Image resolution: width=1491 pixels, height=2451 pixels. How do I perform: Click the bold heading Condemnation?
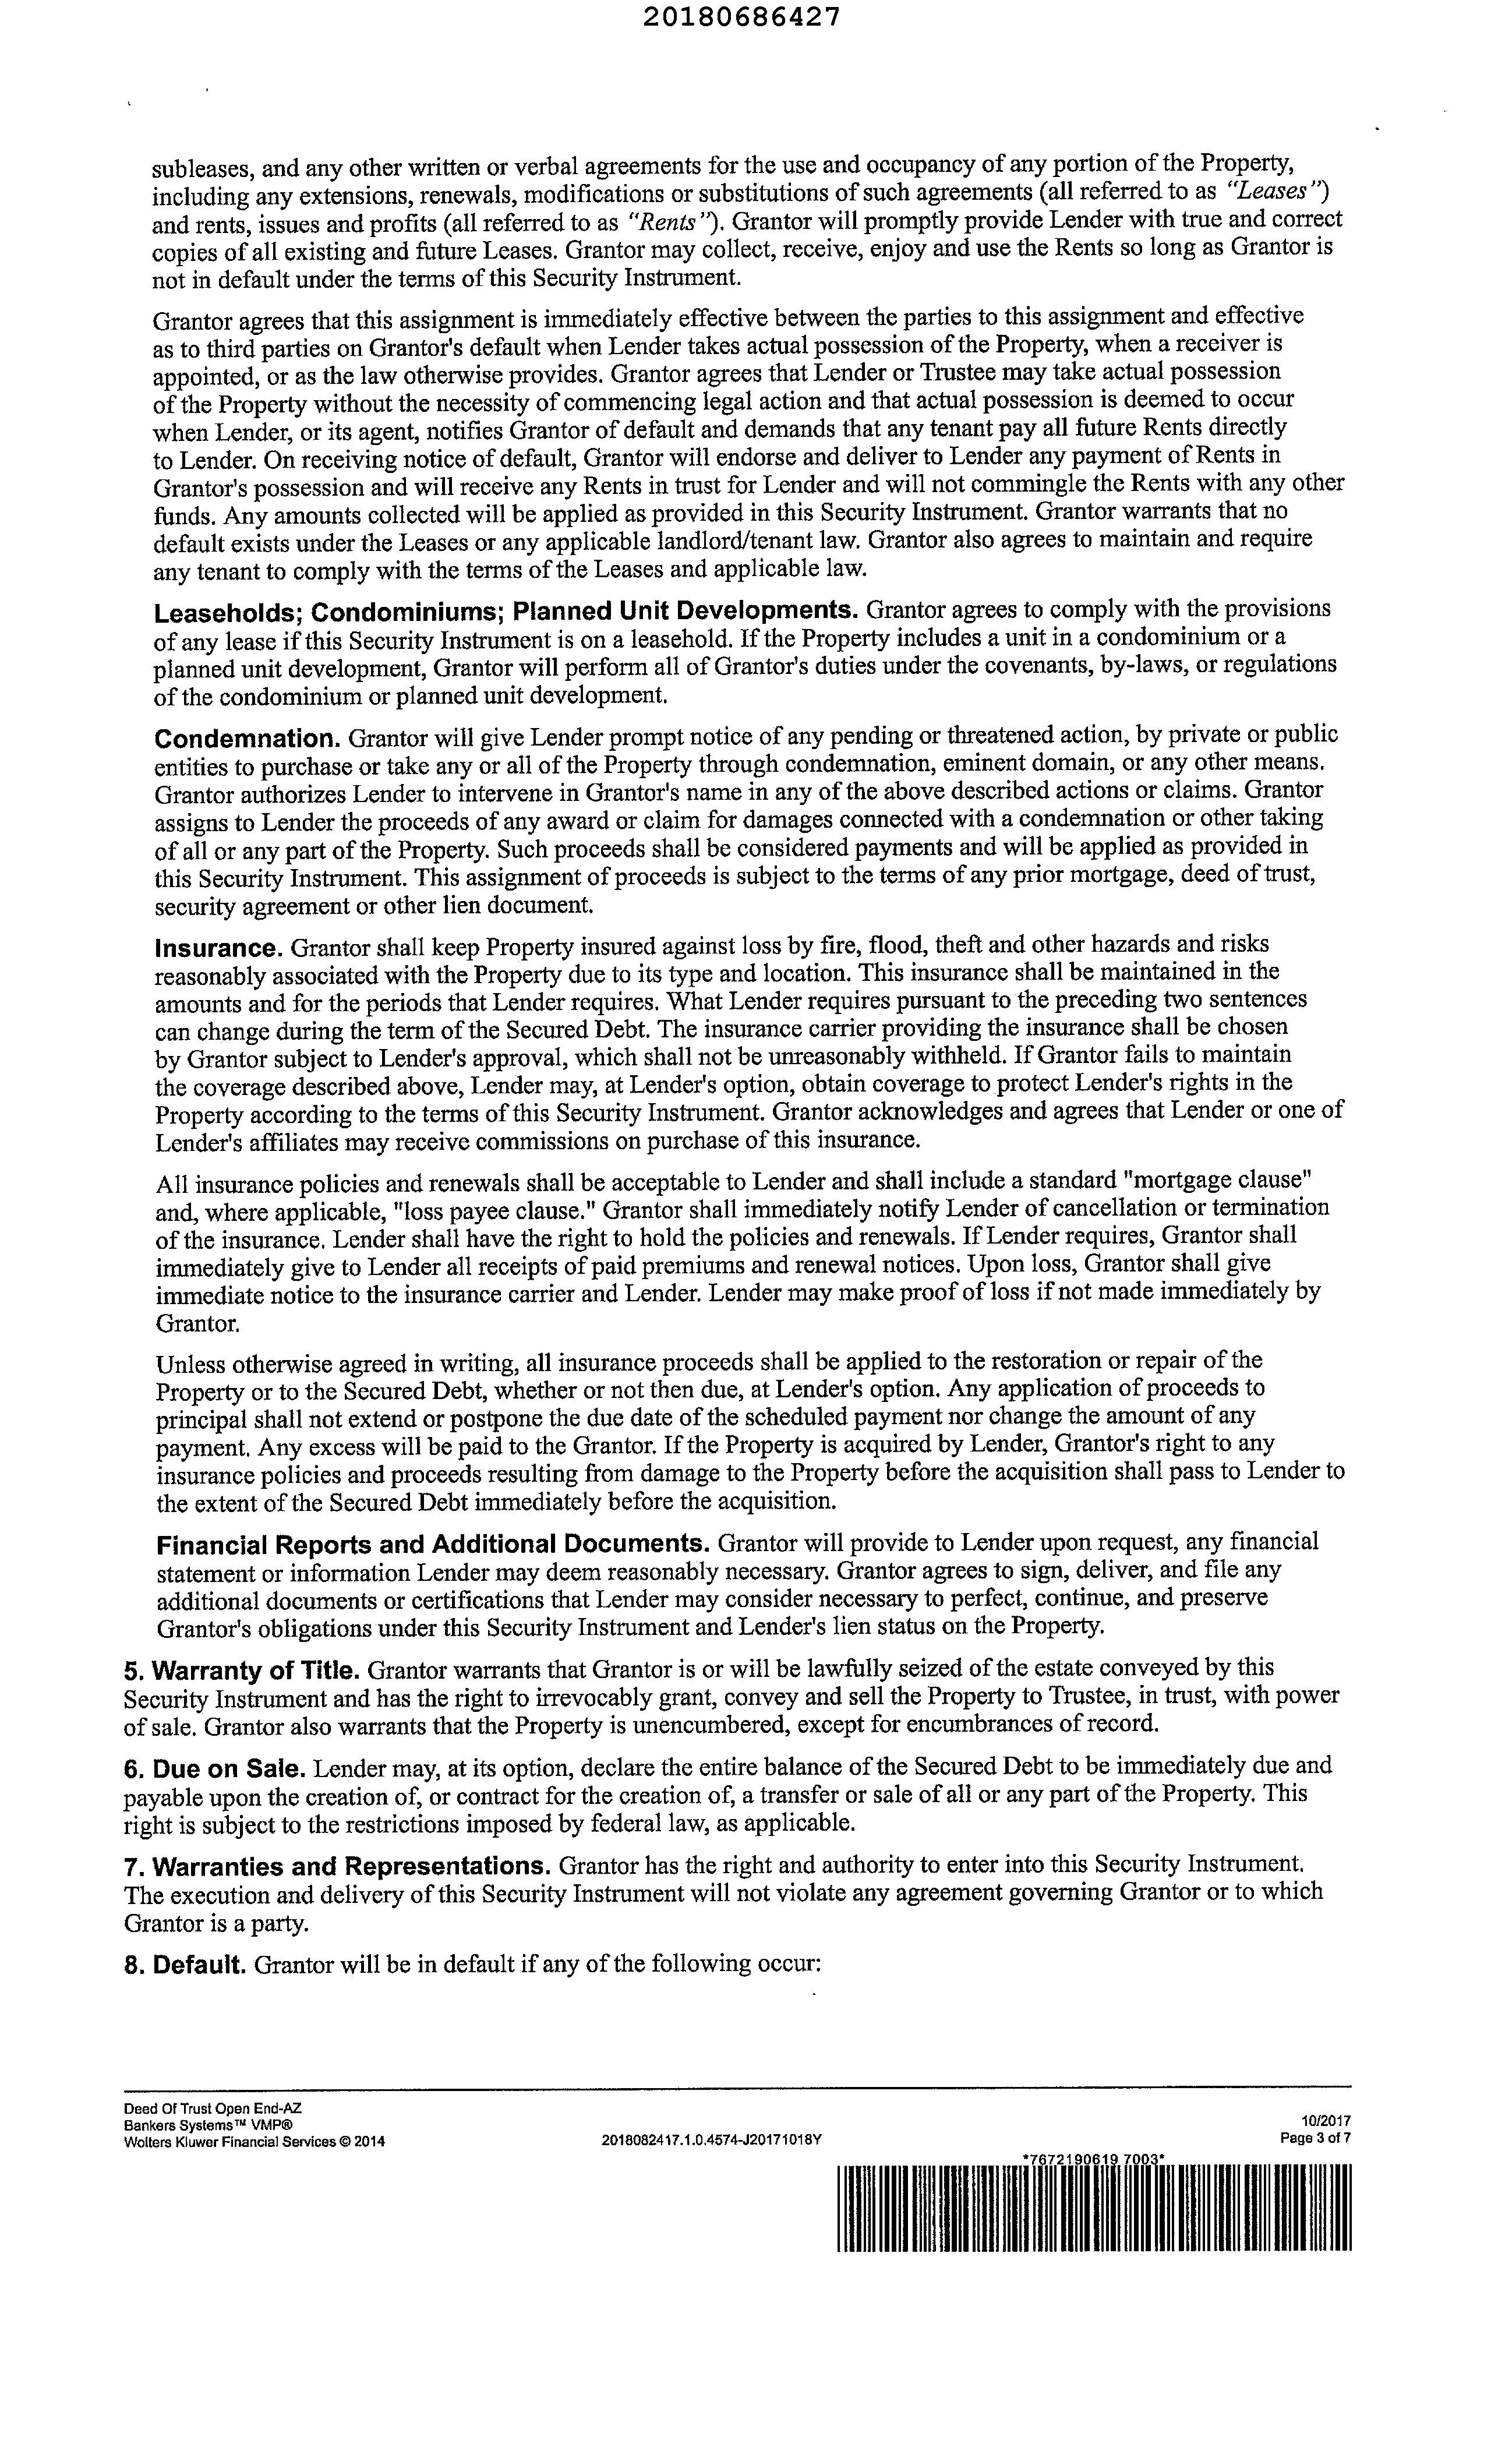pos(248,739)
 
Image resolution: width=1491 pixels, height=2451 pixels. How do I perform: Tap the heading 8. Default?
pos(185,1965)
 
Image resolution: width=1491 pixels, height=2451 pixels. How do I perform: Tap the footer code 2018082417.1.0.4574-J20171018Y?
pos(712,2139)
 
